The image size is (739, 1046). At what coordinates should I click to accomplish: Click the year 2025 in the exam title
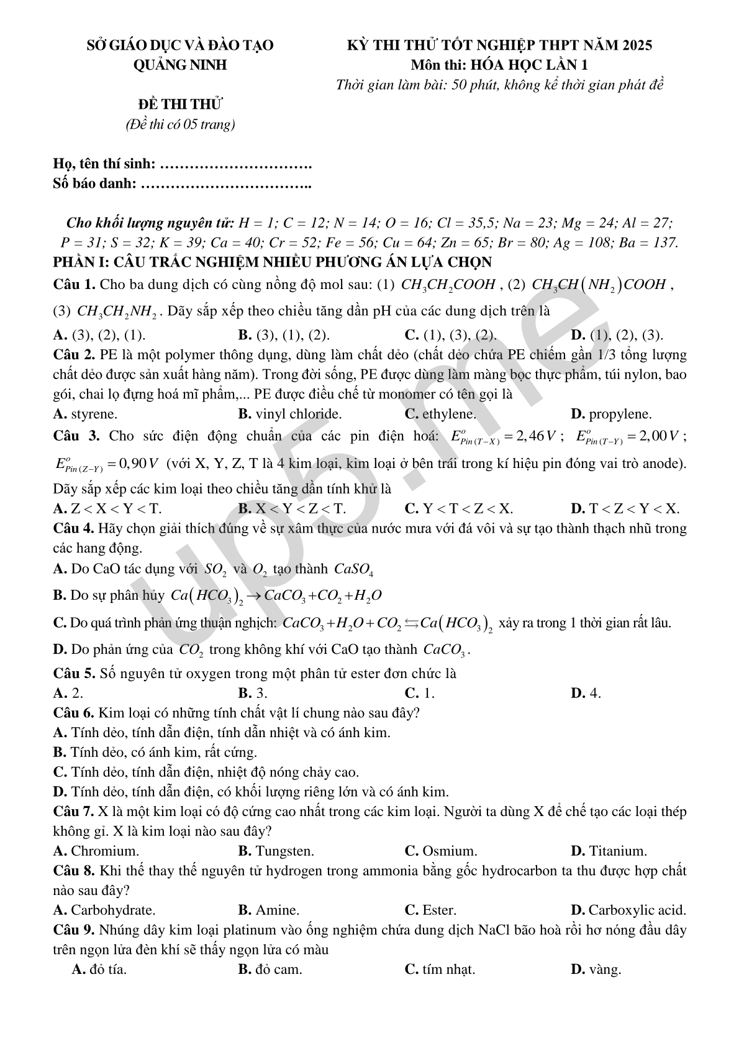coord(635,45)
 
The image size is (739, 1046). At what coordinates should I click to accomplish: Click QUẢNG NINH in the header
coord(181,65)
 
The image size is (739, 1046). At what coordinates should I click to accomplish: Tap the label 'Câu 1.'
coord(74,285)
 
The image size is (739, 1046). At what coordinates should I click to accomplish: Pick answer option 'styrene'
coord(94,414)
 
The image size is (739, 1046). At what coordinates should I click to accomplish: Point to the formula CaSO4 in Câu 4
coord(353,569)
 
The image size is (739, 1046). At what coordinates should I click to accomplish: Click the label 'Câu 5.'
coord(74,673)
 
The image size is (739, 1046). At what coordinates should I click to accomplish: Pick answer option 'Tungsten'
coord(284,851)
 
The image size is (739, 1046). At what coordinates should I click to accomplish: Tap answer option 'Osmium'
coord(449,851)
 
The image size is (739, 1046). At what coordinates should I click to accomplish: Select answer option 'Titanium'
coord(617,851)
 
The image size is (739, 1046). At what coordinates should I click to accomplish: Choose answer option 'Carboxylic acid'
coord(637,910)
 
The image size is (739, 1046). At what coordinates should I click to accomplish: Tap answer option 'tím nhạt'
coord(448,969)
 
